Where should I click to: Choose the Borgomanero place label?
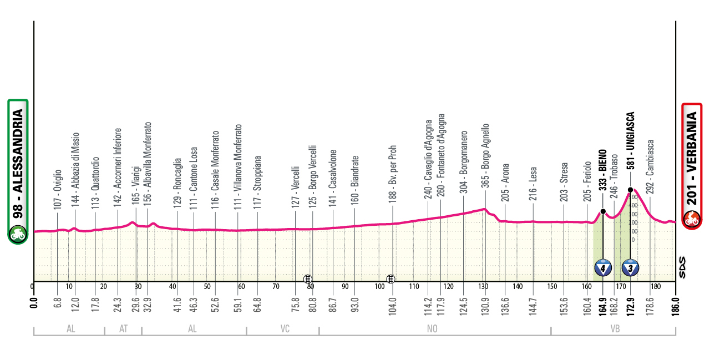(464, 162)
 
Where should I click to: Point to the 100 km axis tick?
(380, 287)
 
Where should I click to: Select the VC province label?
(285, 329)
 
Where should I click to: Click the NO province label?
(432, 329)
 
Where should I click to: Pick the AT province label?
(123, 329)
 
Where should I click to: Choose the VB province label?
(614, 329)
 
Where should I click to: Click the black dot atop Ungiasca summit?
(631, 190)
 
